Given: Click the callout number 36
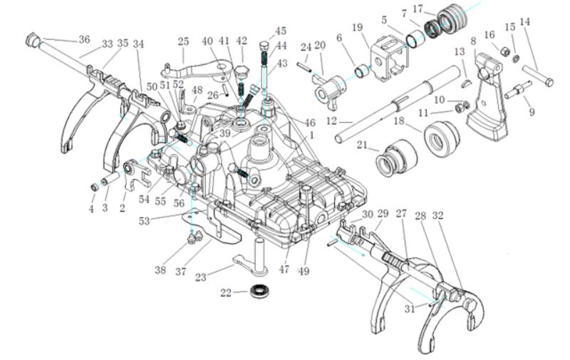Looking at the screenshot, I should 84,39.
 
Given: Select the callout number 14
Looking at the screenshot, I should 526,23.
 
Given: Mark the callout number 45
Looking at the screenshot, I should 281,31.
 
